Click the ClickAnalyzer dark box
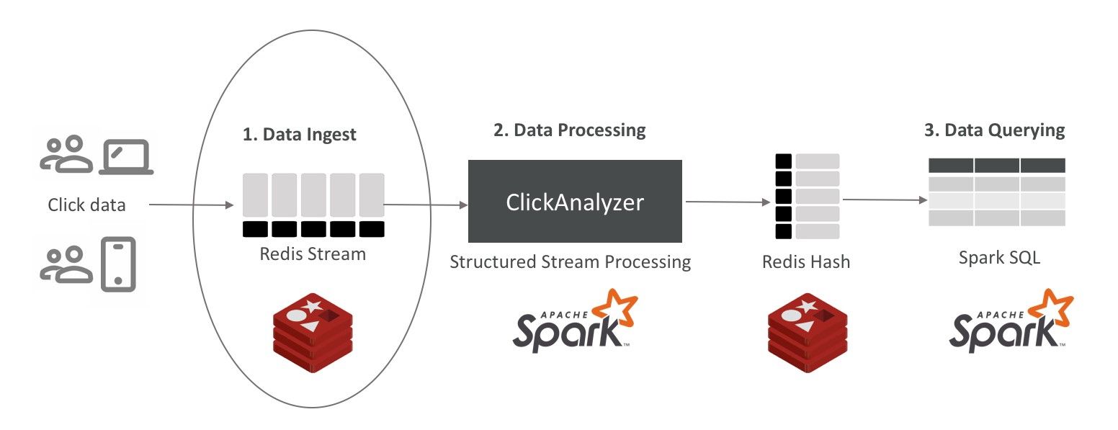575,201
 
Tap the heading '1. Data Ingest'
300,135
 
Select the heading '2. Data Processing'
569,130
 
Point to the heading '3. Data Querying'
994,130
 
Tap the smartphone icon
119,264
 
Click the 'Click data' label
86,205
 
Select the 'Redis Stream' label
313,254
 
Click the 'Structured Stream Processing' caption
570,261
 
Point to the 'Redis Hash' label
805,262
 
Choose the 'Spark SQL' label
999,258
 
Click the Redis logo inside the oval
313,333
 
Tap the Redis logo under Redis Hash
807,333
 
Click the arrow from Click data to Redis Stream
191,205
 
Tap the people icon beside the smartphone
66,264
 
